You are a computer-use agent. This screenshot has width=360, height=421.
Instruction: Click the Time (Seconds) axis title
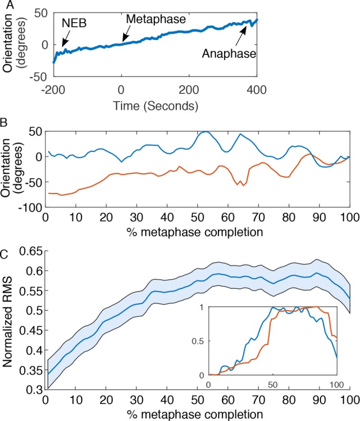156,105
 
